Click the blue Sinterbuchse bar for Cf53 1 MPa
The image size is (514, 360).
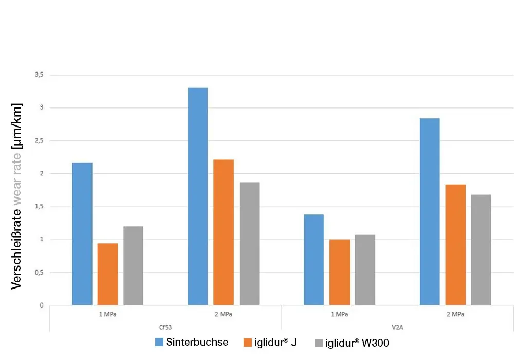pyautogui.click(x=82, y=234)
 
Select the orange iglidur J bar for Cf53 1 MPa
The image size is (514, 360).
pyautogui.click(x=108, y=274)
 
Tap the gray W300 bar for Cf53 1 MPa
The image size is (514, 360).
pyautogui.click(x=134, y=266)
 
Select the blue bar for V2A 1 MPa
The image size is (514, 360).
pyautogui.click(x=314, y=260)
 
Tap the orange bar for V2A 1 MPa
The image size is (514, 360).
pyautogui.click(x=340, y=272)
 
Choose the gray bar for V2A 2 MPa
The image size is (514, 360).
pyautogui.click(x=481, y=250)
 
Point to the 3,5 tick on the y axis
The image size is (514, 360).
pyautogui.click(x=39, y=75)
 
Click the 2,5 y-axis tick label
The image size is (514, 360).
pyautogui.click(x=39, y=141)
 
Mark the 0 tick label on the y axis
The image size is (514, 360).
pyautogui.click(x=41, y=305)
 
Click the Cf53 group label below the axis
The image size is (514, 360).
pyautogui.click(x=166, y=326)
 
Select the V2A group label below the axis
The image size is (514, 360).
pyautogui.click(x=397, y=326)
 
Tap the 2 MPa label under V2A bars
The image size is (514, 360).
pyautogui.click(x=455, y=314)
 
